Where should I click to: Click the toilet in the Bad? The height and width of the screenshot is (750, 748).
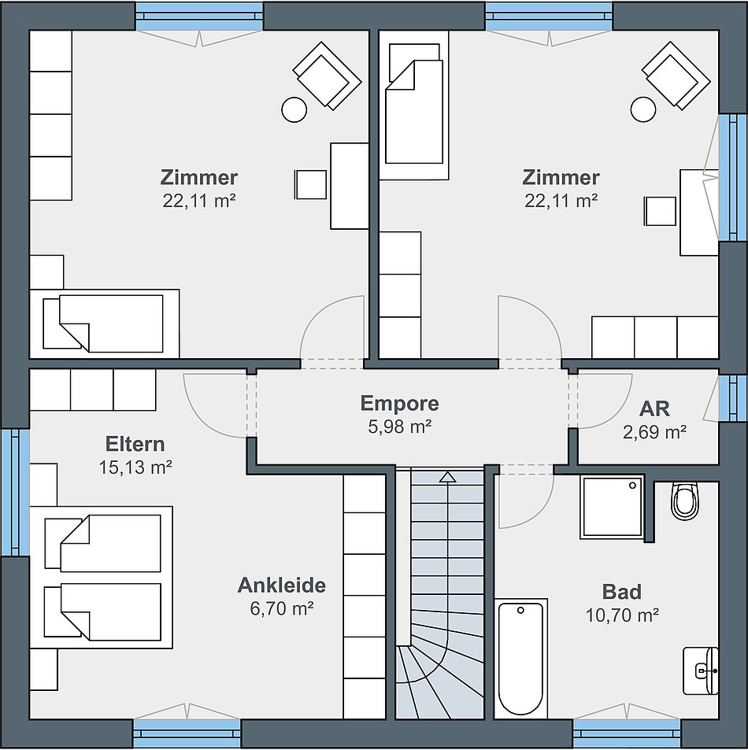pos(685,501)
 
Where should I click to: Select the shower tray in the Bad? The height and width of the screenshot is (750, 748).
pos(611,507)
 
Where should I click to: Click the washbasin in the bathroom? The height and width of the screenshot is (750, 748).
pos(701,671)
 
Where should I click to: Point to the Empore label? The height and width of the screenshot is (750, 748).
pos(400,403)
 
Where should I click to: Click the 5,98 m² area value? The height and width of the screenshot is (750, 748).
pos(400,427)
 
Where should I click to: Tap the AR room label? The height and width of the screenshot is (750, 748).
pos(654,409)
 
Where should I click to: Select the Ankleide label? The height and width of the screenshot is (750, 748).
pos(282,585)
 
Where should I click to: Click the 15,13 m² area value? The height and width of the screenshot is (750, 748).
pos(135,467)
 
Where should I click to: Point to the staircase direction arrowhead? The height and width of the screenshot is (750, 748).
pos(447,476)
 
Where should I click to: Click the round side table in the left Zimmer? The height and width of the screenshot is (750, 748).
pos(294,110)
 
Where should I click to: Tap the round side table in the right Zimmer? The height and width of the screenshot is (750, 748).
pos(642,109)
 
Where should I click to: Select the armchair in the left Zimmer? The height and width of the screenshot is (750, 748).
pos(327,75)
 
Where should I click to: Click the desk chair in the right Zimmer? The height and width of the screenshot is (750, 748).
pos(661,210)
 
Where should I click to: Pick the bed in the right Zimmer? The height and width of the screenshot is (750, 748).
pos(414,105)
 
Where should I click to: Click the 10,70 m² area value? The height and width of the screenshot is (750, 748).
pos(622,615)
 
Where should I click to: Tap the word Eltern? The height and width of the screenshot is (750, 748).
pos(135,444)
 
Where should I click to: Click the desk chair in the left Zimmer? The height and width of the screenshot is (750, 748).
pos(312,184)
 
